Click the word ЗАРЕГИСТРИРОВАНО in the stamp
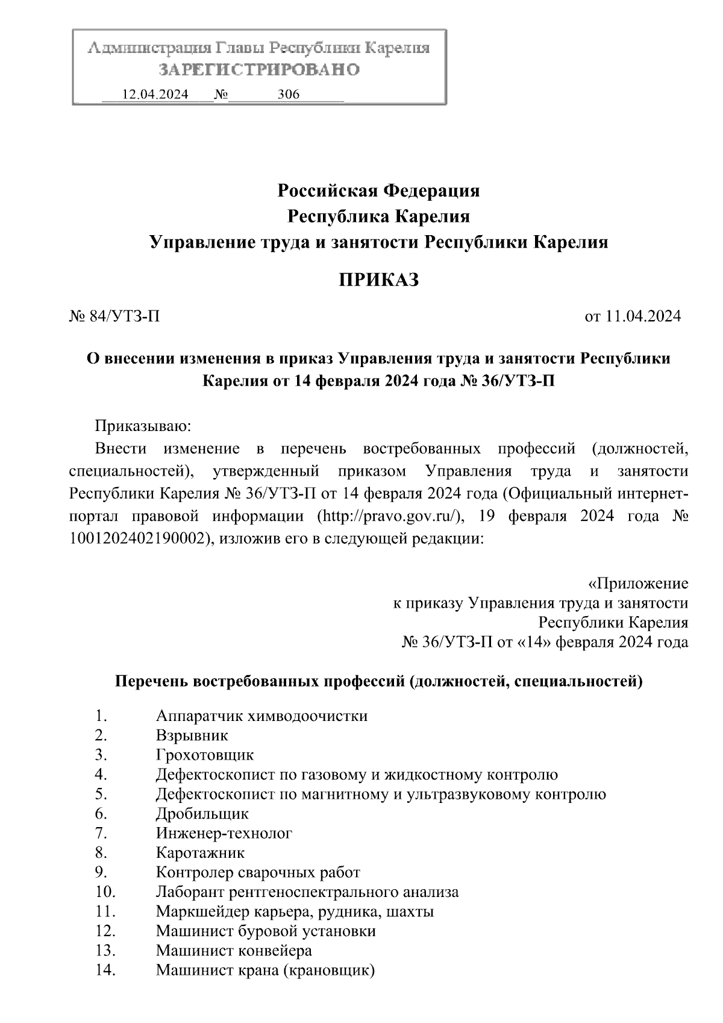click(x=259, y=70)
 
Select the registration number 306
click(x=288, y=95)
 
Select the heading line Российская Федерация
click(x=378, y=191)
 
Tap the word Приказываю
click(x=143, y=427)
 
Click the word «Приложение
click(x=637, y=584)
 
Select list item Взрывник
click(x=192, y=735)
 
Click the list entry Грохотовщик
click(x=204, y=755)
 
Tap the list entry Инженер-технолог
click(x=224, y=833)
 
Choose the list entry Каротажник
click(x=199, y=853)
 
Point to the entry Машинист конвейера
click(x=234, y=951)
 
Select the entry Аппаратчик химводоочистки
click(x=261, y=716)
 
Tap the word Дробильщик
click(x=202, y=814)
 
